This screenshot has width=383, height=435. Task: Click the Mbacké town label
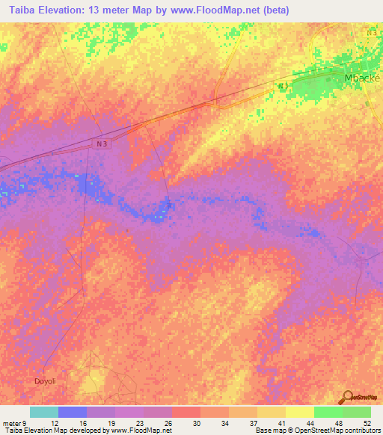point(361,78)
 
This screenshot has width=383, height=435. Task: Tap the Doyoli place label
point(44,381)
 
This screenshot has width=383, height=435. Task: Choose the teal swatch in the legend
point(43,412)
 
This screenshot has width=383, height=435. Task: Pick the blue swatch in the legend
point(72,412)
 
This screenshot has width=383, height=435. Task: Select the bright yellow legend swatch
point(299,412)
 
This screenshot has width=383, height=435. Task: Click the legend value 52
point(367,422)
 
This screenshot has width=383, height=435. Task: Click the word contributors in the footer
point(359,431)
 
